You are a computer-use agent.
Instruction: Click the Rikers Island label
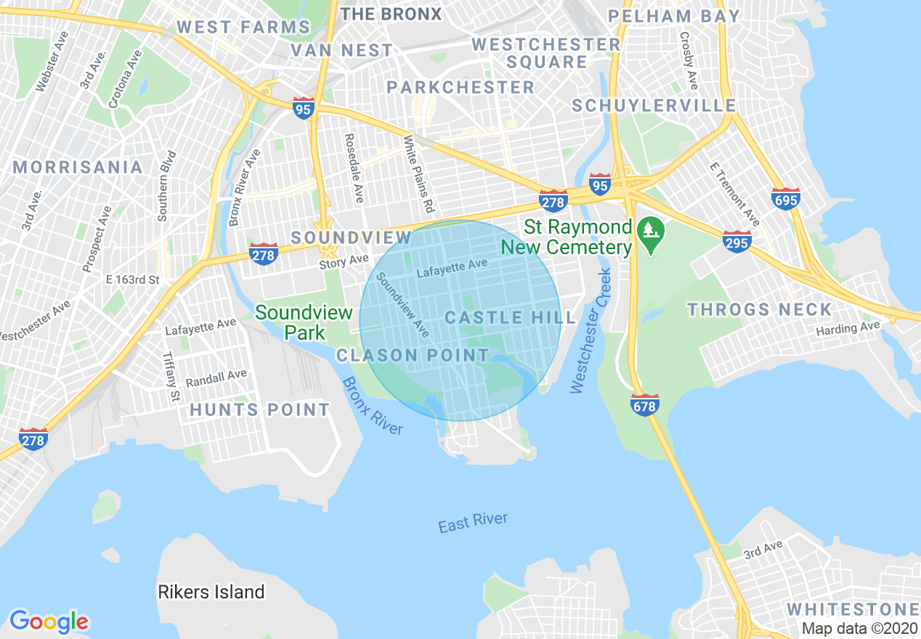click(211, 592)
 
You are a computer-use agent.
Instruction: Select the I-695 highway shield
click(786, 198)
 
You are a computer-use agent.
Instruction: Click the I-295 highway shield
click(737, 241)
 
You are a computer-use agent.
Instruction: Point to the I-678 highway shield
click(644, 406)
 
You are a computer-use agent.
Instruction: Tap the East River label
click(473, 523)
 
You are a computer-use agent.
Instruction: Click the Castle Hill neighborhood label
click(510, 317)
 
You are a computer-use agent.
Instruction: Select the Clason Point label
click(413, 355)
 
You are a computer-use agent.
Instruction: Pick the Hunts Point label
click(260, 410)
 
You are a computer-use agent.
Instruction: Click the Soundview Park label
click(304, 322)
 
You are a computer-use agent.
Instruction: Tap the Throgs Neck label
click(759, 309)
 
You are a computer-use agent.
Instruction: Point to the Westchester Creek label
click(588, 331)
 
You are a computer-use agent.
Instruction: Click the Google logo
click(49, 621)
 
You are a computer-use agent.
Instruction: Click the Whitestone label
click(852, 609)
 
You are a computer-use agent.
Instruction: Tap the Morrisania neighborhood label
click(78, 167)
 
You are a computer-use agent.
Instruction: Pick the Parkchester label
click(460, 87)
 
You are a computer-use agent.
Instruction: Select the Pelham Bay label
click(674, 16)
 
